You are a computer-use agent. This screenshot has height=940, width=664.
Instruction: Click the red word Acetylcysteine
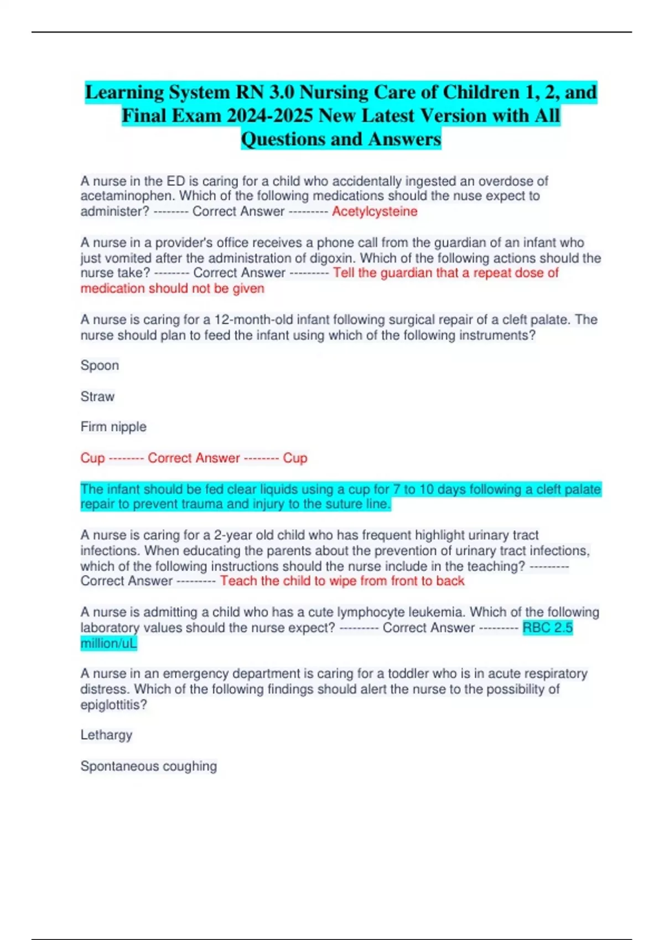click(375, 211)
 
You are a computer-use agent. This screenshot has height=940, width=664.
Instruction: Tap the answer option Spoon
click(100, 365)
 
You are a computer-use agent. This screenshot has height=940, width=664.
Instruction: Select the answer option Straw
click(97, 396)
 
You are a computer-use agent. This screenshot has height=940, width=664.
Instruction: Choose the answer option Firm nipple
click(113, 427)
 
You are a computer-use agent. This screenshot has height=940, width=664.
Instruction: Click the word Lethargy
click(106, 735)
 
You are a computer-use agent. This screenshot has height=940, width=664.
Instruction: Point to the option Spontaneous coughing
click(148, 766)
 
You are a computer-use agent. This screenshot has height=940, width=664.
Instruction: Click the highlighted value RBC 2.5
click(547, 628)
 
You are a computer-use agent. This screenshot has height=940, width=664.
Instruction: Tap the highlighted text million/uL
click(108, 643)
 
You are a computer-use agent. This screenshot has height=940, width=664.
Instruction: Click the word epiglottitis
click(113, 704)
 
